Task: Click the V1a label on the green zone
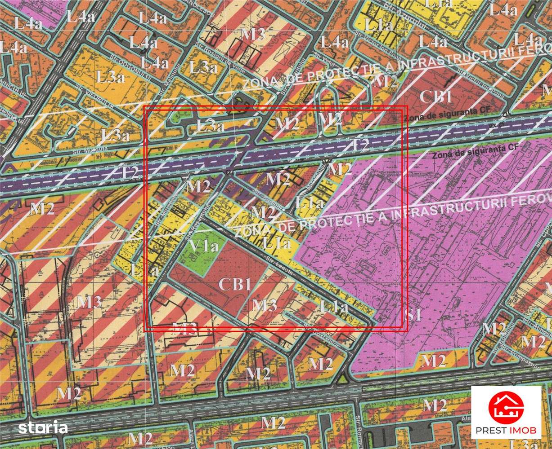(x=204, y=246)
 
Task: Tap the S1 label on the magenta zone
(x=413, y=315)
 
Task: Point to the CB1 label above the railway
(x=435, y=97)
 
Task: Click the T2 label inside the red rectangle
(x=360, y=145)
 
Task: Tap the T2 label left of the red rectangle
(x=130, y=173)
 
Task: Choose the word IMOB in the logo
(x=523, y=431)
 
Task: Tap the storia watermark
(x=43, y=427)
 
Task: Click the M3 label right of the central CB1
(x=264, y=305)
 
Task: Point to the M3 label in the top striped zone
(x=253, y=35)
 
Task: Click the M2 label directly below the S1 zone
(x=434, y=361)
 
